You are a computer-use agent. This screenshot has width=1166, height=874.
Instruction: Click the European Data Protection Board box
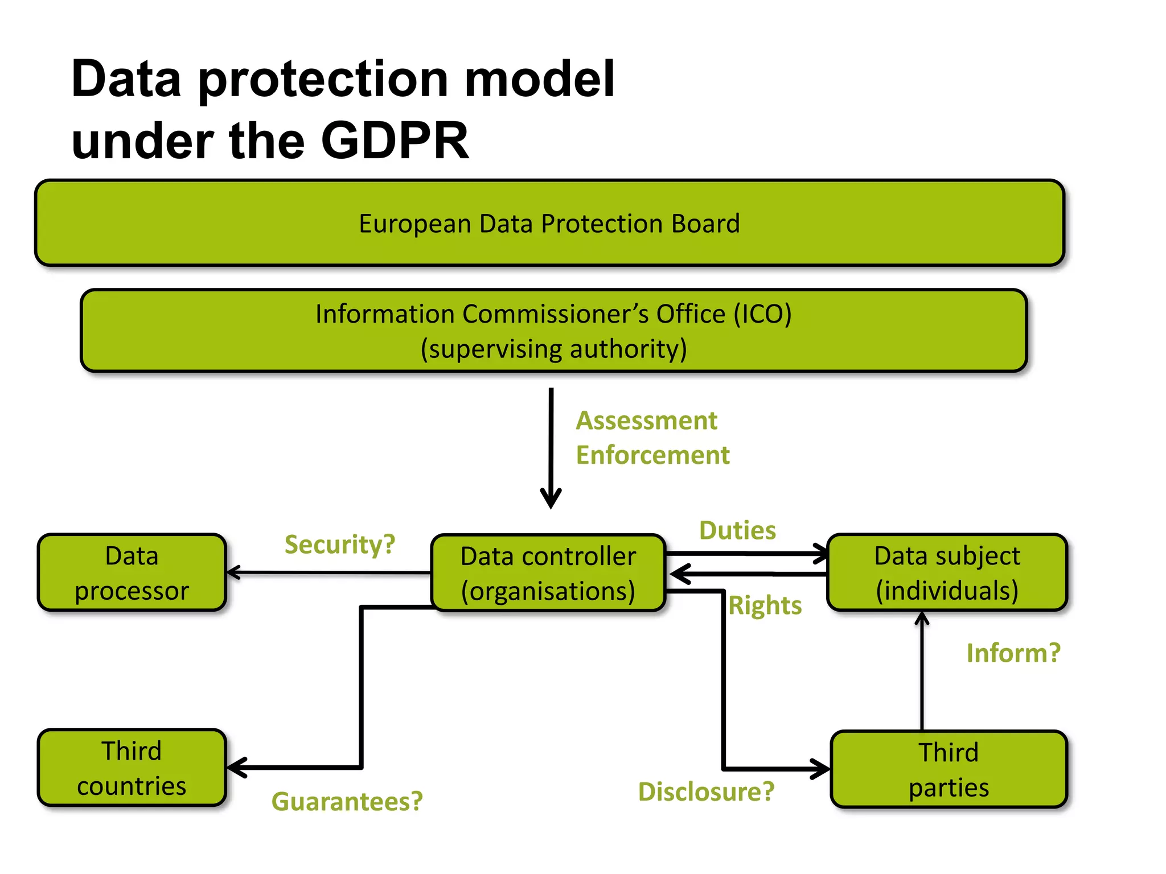pos(549,223)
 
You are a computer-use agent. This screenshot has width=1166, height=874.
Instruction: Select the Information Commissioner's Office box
pos(553,331)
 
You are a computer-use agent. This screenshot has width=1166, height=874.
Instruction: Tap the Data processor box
pos(132,572)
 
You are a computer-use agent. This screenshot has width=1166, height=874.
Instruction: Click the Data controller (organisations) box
pos(548,573)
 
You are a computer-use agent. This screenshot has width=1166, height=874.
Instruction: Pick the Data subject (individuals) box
pos(947,572)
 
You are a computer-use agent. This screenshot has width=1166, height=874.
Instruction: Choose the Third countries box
pos(132,768)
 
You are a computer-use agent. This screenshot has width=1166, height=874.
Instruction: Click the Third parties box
pos(949,769)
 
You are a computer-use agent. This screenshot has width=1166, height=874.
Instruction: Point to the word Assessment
pos(646,420)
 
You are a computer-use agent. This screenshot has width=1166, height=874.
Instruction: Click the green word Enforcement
pos(652,455)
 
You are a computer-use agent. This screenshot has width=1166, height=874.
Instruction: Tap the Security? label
pos(340,545)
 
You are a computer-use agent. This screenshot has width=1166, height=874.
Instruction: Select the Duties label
pos(737,530)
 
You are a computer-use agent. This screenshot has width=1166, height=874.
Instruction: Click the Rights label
pos(765,605)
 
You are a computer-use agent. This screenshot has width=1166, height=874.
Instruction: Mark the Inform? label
pos(1013,653)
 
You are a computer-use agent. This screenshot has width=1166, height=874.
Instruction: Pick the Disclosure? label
pos(706,791)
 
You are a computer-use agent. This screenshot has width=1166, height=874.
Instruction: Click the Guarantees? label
pos(347,801)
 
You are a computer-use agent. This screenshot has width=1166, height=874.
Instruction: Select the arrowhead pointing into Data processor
pos(233,572)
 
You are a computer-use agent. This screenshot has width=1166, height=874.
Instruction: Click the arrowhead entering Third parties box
pos(822,769)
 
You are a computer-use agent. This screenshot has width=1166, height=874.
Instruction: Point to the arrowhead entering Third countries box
pos(236,768)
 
